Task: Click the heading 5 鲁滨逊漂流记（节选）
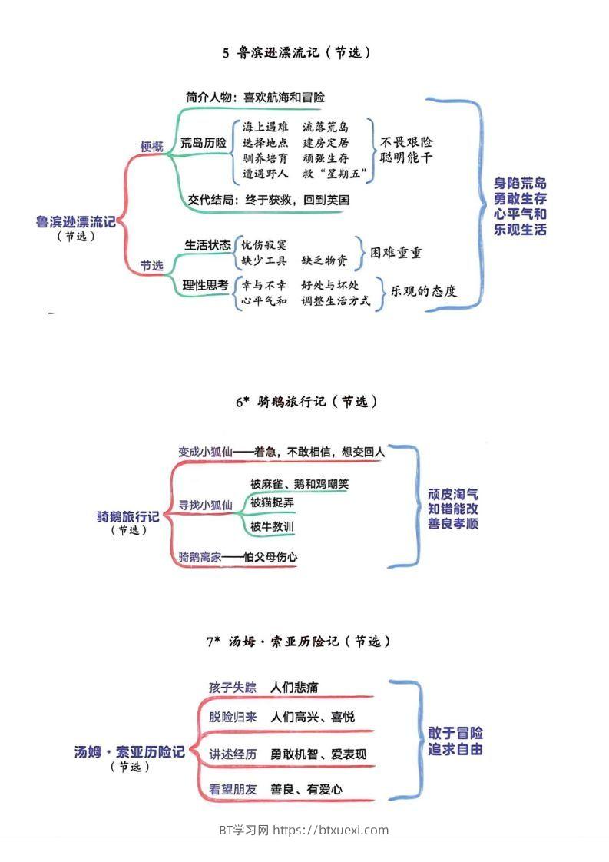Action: pos(298,53)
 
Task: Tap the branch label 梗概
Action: pos(151,147)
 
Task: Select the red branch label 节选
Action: pos(151,266)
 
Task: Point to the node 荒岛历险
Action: pos(204,143)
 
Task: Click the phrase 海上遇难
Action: pos(265,127)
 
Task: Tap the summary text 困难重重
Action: pos(396,253)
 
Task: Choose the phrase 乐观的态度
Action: pos(424,291)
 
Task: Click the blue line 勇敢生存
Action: pos(521,198)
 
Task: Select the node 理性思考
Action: pos(206,285)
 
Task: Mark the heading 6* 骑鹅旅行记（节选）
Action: pos(307,402)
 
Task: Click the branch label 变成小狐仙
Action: pos(204,452)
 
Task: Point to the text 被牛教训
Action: pos(272,527)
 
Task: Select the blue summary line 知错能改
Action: pos(453,509)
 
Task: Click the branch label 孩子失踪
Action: pos(233,687)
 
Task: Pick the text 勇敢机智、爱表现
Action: pos(319,754)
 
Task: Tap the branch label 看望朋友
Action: pos(233,789)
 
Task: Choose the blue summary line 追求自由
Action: pos(455,749)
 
